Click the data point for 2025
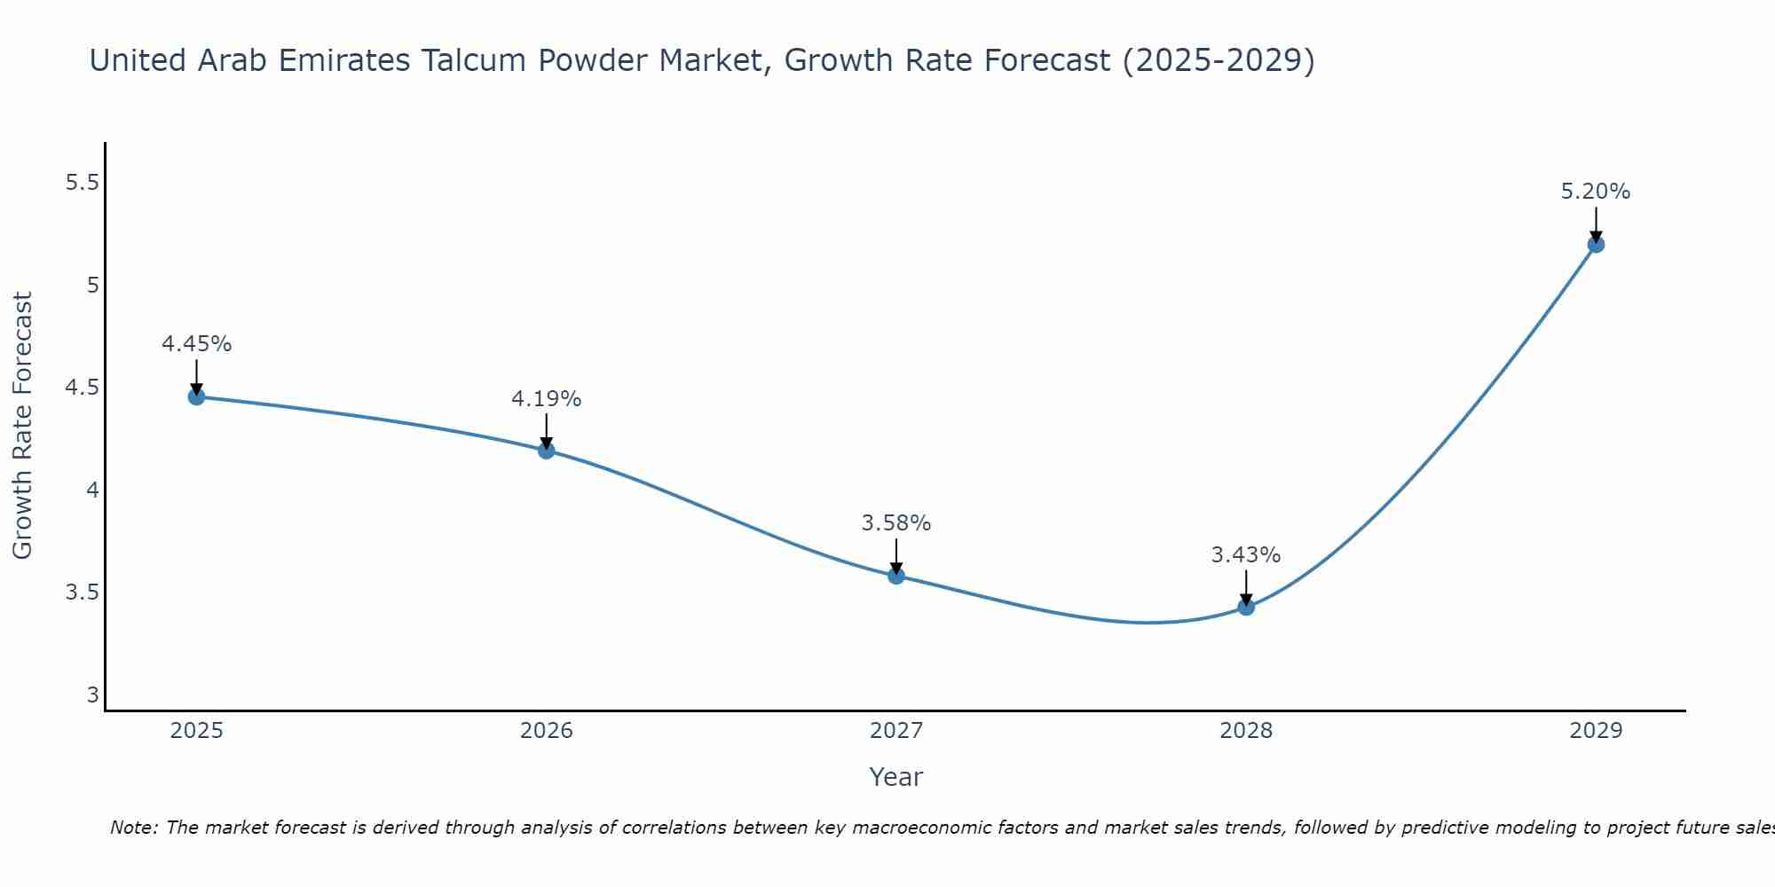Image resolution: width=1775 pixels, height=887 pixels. coord(196,396)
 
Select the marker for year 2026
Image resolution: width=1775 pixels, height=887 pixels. coord(546,451)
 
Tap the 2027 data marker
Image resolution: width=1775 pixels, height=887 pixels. coord(896,576)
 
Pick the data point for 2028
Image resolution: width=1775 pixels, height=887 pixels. coord(1246,607)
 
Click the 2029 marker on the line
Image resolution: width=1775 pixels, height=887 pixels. coord(1596,244)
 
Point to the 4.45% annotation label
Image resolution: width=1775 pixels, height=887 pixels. coord(196,344)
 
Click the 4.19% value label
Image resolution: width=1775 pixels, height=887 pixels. coord(546,399)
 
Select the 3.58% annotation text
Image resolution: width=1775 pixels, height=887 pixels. coord(896,523)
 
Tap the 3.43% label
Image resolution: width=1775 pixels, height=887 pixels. coord(1246,555)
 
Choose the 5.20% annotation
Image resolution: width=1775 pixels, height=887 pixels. coord(1596,192)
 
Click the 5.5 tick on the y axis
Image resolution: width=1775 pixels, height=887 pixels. coord(82,183)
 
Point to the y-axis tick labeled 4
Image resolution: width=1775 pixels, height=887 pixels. coord(91,490)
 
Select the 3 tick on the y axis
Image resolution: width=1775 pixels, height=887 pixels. coord(92,695)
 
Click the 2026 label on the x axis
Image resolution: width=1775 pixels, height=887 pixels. coord(546,731)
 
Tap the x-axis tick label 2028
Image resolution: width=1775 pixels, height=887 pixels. coord(1246,731)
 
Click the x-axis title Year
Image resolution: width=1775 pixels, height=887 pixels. coord(896,777)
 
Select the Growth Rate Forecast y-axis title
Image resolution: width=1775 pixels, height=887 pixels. coord(22,426)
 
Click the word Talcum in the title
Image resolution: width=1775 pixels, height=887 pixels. coord(472,60)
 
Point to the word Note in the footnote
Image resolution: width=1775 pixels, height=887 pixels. coord(133,828)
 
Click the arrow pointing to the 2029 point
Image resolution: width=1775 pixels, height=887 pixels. coord(1596,224)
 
